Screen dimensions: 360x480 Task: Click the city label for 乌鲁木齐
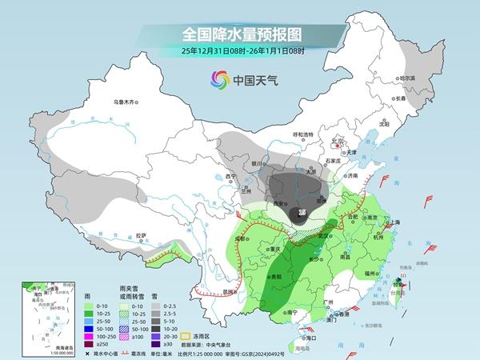(x=126, y=102)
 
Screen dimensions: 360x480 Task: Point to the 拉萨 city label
(x=141, y=235)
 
